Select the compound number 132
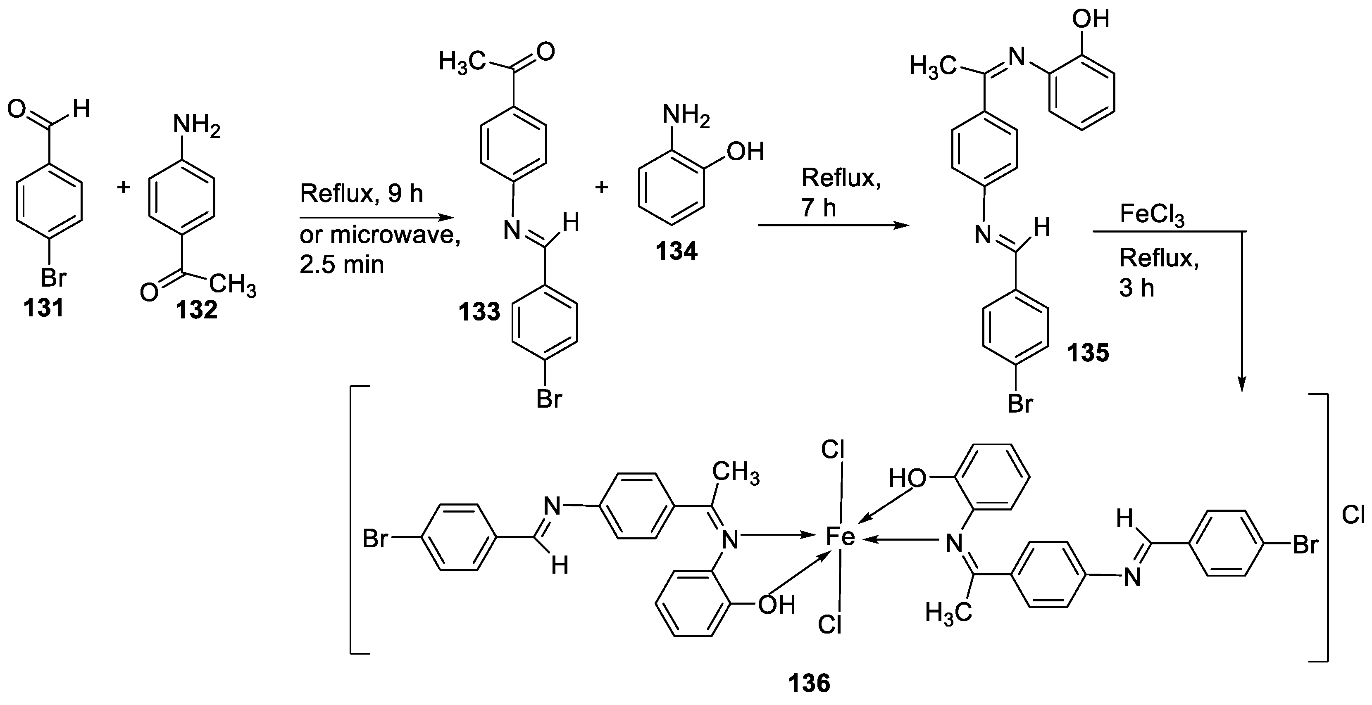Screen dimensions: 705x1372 [197, 310]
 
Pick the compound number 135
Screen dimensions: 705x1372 [1088, 353]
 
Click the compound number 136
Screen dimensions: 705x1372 [809, 683]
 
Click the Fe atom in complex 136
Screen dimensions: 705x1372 [840, 537]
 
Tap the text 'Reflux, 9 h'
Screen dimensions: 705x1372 [361, 194]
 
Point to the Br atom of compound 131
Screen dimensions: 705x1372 [53, 278]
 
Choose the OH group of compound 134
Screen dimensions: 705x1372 [745, 152]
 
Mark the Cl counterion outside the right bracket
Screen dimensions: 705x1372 [1353, 515]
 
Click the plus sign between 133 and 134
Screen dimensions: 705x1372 [601, 188]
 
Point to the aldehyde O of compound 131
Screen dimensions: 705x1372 [17, 110]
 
